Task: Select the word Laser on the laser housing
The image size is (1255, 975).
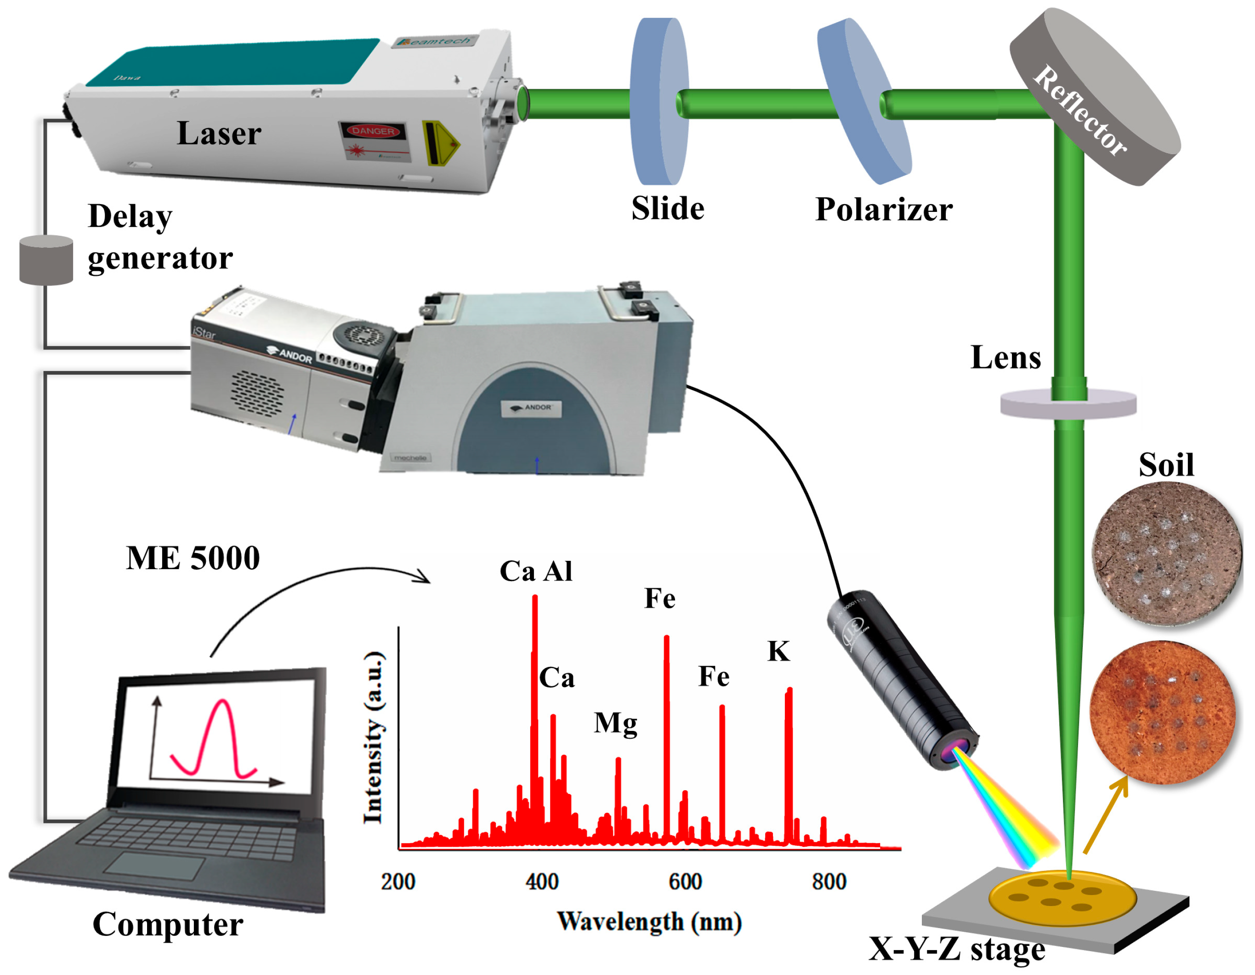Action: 220,134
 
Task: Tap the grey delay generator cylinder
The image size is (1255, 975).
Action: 46,262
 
